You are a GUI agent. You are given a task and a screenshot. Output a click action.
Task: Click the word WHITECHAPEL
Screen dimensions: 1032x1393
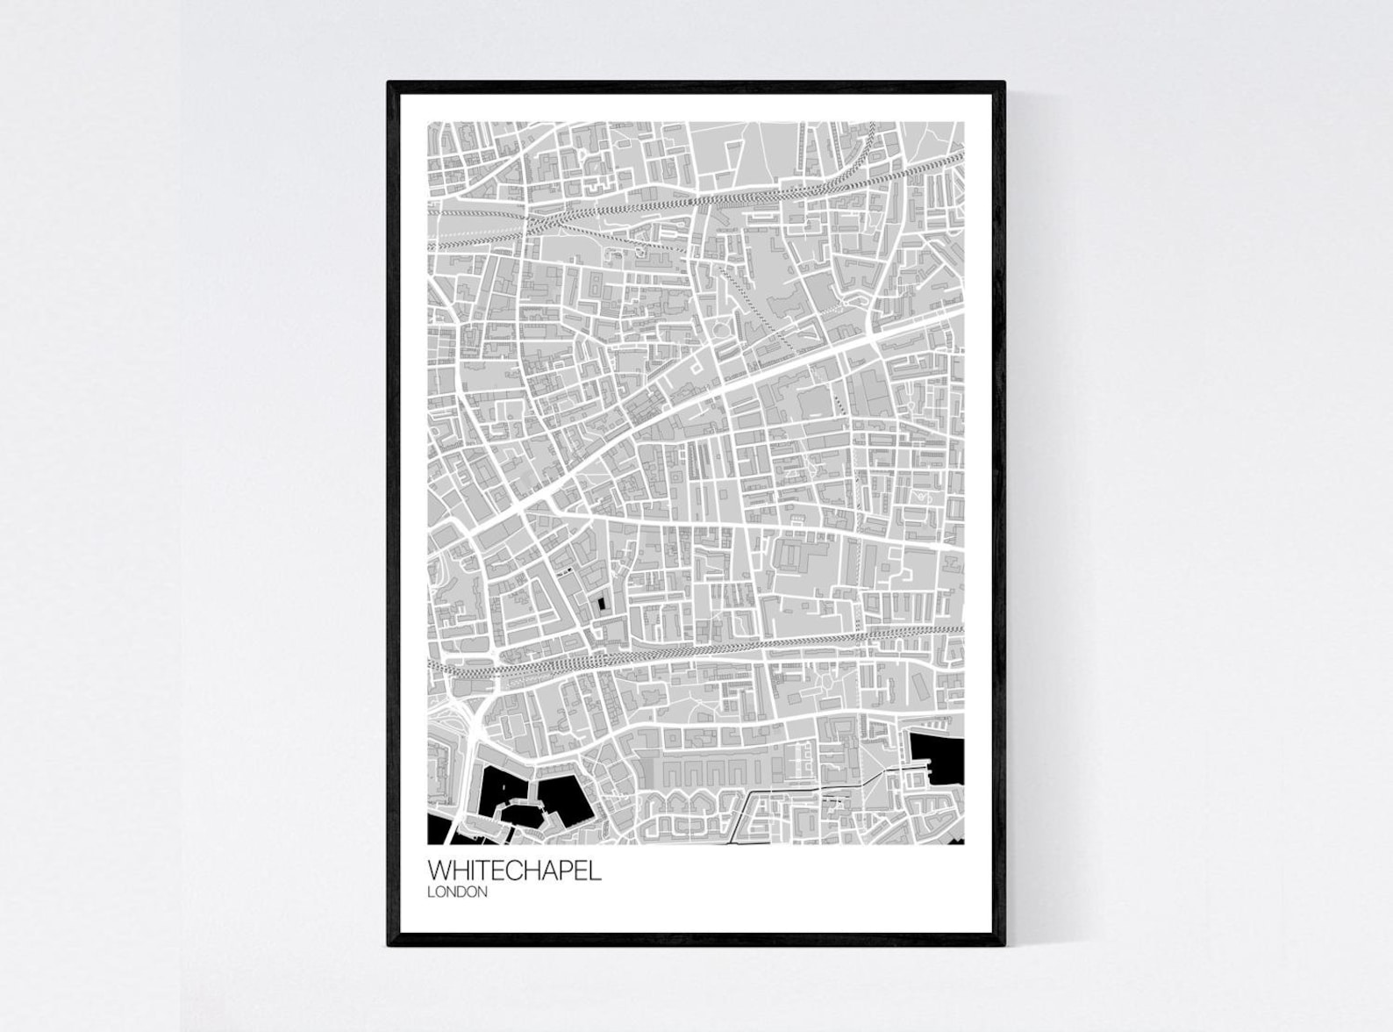tap(514, 871)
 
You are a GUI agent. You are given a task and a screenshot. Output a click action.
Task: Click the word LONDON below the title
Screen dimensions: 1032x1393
tap(457, 892)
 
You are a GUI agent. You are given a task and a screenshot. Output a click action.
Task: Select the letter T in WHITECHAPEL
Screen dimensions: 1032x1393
tap(489, 871)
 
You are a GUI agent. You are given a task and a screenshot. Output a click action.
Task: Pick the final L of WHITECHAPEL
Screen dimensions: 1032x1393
tap(596, 871)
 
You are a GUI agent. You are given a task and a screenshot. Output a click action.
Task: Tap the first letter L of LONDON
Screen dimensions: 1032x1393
tap(431, 892)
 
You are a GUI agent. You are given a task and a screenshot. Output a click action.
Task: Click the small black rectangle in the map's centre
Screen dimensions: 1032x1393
tap(601, 604)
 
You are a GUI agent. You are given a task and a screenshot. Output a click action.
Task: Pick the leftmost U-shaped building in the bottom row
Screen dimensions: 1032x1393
tap(672, 772)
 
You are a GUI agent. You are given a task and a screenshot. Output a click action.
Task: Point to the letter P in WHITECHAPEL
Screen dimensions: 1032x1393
tap(567, 871)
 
